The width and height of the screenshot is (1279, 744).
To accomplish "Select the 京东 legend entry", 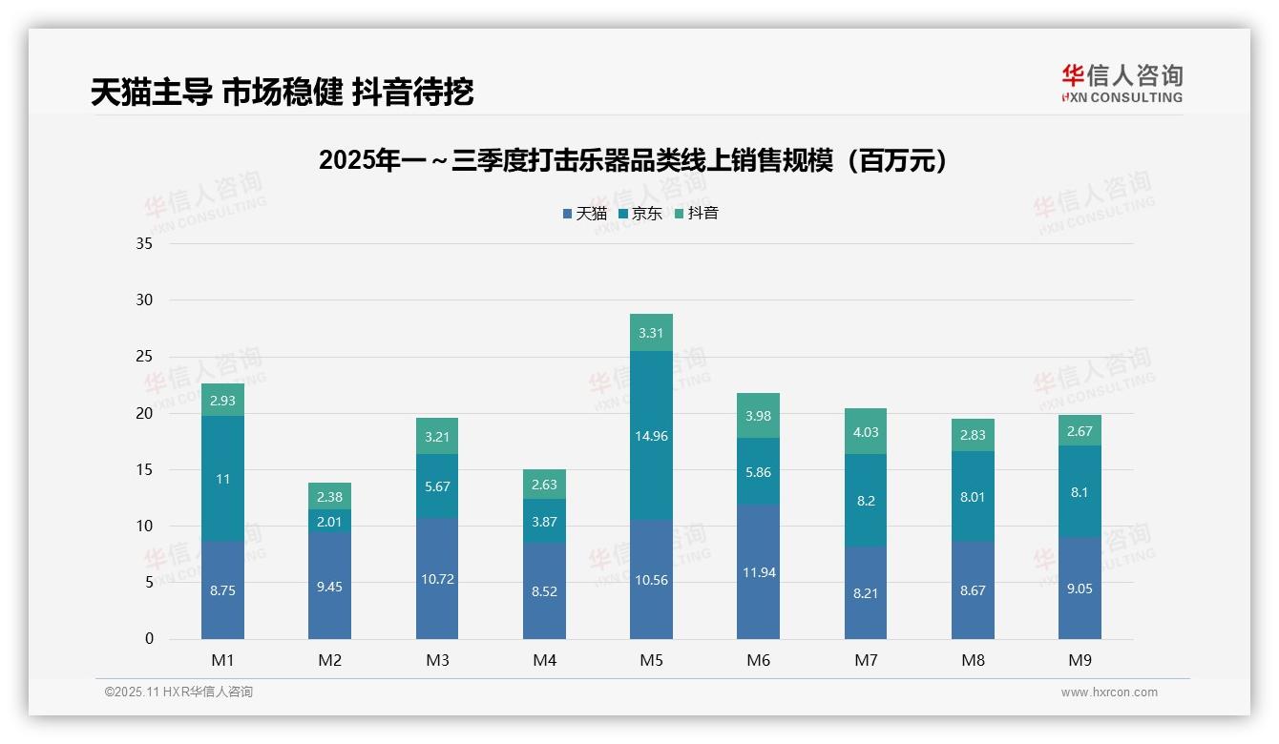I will [x=640, y=214].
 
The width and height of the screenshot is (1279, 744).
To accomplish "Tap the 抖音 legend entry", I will [x=697, y=214].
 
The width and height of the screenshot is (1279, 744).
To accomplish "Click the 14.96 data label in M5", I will [x=651, y=437].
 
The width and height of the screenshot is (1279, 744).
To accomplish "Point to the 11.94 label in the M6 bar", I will [x=759, y=572].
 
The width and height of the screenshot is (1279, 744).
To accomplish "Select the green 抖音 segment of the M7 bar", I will [x=866, y=432].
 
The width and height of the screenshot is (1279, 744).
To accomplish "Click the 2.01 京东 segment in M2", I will [x=329, y=521].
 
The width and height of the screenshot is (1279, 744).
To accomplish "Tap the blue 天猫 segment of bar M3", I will [x=437, y=579].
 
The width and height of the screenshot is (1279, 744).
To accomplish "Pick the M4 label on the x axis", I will [x=544, y=660].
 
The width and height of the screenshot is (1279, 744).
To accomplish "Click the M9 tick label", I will [x=1080, y=660].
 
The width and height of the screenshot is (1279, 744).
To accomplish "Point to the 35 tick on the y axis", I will [x=144, y=244].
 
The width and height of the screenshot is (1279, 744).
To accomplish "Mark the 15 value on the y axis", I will [x=144, y=470].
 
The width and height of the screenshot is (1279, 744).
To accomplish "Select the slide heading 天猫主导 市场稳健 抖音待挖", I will [x=282, y=92].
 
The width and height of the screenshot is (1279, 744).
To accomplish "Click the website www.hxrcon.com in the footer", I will [x=1109, y=692].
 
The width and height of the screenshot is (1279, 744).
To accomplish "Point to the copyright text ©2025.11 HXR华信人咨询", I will [x=178, y=692].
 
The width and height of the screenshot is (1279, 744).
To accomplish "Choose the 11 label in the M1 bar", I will [x=222, y=479].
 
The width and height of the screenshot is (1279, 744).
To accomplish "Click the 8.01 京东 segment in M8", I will [x=973, y=496].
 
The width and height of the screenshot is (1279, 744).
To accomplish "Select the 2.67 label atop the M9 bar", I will [x=1080, y=431].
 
